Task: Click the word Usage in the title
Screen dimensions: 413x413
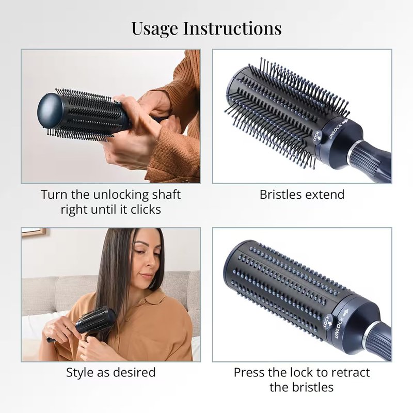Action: coord(154,28)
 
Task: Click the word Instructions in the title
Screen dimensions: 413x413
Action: coord(232,28)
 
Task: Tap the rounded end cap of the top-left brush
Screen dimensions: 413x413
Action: coord(50,110)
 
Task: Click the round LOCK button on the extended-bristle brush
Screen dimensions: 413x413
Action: coord(317,136)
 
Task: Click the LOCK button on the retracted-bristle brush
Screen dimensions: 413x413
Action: coord(328,322)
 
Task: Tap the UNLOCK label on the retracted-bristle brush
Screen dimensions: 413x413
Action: coord(340,327)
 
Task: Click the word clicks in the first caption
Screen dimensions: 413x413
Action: coord(146,210)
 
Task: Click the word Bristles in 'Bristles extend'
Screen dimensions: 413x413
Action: coord(280,195)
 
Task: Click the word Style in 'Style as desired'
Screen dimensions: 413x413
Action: coord(80,373)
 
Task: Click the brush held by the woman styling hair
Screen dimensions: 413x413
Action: coord(87,323)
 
